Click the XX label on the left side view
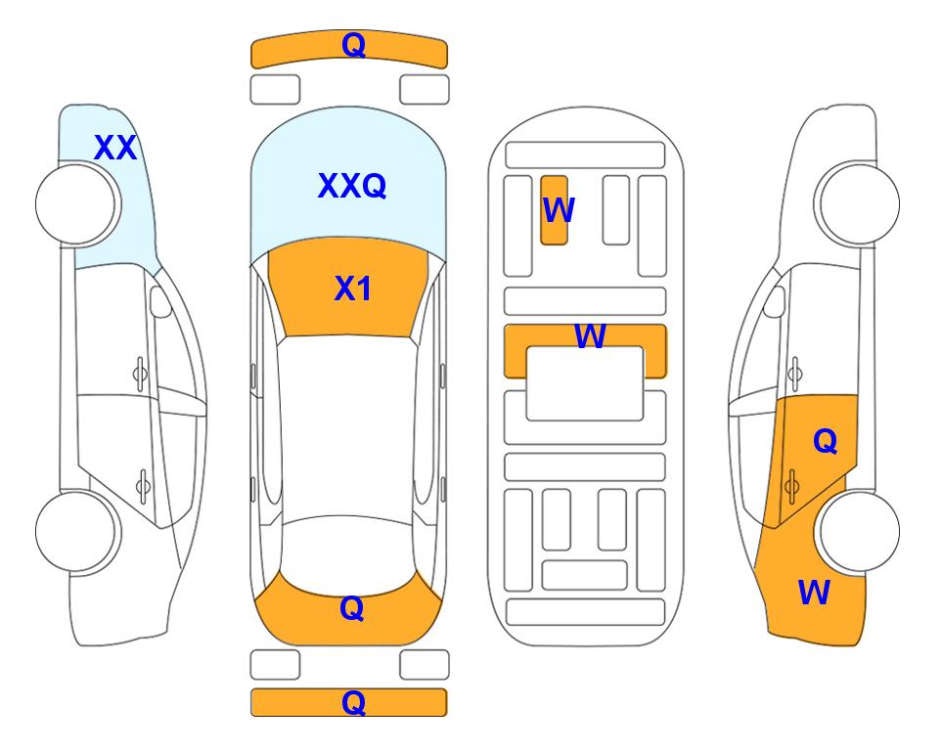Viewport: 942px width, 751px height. (x=115, y=148)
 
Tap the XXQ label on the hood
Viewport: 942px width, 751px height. (x=352, y=186)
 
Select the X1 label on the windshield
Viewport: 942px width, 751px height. (x=353, y=288)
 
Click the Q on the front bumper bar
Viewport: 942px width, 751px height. (x=353, y=45)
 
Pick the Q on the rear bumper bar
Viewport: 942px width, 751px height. (x=353, y=702)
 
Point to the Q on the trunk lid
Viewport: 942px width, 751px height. (x=351, y=608)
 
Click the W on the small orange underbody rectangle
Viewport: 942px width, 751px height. (x=559, y=210)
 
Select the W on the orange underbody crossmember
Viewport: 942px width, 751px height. (x=590, y=335)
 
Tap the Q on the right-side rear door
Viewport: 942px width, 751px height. (x=825, y=442)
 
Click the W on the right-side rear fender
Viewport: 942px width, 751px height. (x=814, y=593)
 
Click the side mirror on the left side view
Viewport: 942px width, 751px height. (x=159, y=301)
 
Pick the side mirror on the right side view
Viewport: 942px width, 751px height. (x=774, y=301)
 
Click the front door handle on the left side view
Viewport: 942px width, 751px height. (x=140, y=374)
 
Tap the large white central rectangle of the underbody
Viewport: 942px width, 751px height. (x=585, y=383)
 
